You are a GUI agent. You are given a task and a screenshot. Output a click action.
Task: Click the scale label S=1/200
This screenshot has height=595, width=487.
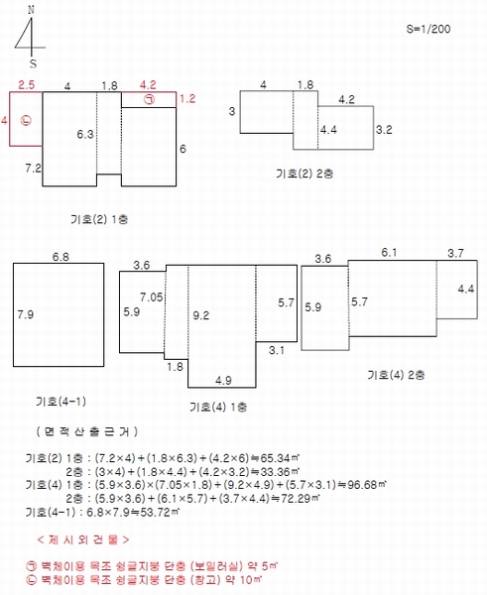[428, 29]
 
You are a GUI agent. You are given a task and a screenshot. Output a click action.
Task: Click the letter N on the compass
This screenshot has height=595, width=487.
[31, 10]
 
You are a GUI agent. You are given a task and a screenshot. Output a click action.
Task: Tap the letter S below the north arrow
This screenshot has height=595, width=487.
[33, 63]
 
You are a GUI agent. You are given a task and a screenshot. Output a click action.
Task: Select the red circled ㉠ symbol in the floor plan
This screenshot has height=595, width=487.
[149, 99]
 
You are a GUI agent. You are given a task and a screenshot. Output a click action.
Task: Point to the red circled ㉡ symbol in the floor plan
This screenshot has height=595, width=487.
[26, 120]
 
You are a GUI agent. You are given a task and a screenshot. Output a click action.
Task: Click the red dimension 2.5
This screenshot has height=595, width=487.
[26, 84]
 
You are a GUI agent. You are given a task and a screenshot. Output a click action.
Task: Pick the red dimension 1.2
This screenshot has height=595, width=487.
[187, 99]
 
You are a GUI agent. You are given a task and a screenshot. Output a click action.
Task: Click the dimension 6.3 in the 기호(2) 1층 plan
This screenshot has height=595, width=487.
[85, 134]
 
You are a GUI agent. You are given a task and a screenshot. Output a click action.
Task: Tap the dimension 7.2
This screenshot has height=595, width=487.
[33, 168]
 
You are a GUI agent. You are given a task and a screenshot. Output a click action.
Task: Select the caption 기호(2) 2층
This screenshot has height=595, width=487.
[304, 174]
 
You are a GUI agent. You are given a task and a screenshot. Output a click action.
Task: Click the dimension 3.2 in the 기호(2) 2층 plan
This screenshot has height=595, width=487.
[384, 129]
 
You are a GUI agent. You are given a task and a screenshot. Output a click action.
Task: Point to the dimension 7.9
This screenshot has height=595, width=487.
[26, 314]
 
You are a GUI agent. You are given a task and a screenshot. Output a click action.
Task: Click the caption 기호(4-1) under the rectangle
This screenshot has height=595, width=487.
[61, 401]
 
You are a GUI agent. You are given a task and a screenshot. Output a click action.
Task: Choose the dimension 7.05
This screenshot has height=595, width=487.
[152, 297]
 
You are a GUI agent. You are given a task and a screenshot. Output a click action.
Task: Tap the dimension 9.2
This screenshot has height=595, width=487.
[200, 315]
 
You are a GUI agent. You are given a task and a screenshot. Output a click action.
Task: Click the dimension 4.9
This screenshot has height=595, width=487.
[223, 380]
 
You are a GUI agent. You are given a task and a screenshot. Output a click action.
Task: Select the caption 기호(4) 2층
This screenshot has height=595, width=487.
[396, 375]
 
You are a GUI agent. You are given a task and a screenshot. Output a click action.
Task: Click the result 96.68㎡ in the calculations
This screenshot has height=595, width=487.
[367, 485]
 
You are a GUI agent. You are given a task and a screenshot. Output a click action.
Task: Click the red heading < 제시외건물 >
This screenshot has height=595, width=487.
[83, 539]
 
